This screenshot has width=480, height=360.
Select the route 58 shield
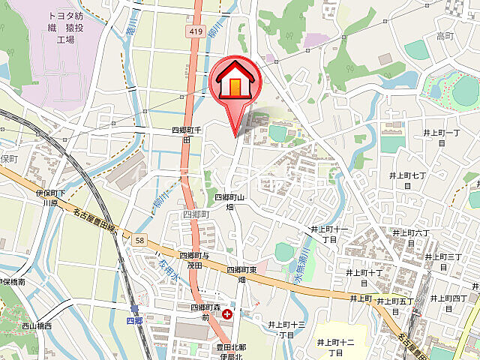[139, 240]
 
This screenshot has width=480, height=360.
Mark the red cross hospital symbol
[227, 315]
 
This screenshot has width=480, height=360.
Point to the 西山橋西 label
[37, 326]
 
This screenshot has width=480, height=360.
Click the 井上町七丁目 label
[408, 180]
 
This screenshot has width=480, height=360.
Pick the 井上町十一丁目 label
[330, 233]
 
